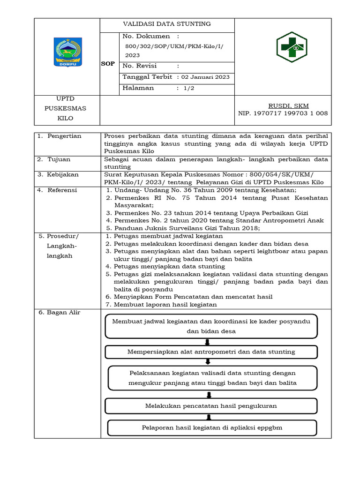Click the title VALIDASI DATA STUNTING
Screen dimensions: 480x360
[166, 24]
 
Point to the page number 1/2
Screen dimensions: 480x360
[187, 88]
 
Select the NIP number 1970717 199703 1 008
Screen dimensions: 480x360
[283, 113]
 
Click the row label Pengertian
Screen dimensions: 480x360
[64, 136]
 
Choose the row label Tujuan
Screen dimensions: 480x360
[59, 159]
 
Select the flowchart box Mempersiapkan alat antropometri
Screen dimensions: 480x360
[211, 352]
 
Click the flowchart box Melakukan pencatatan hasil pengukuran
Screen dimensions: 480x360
[211, 406]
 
